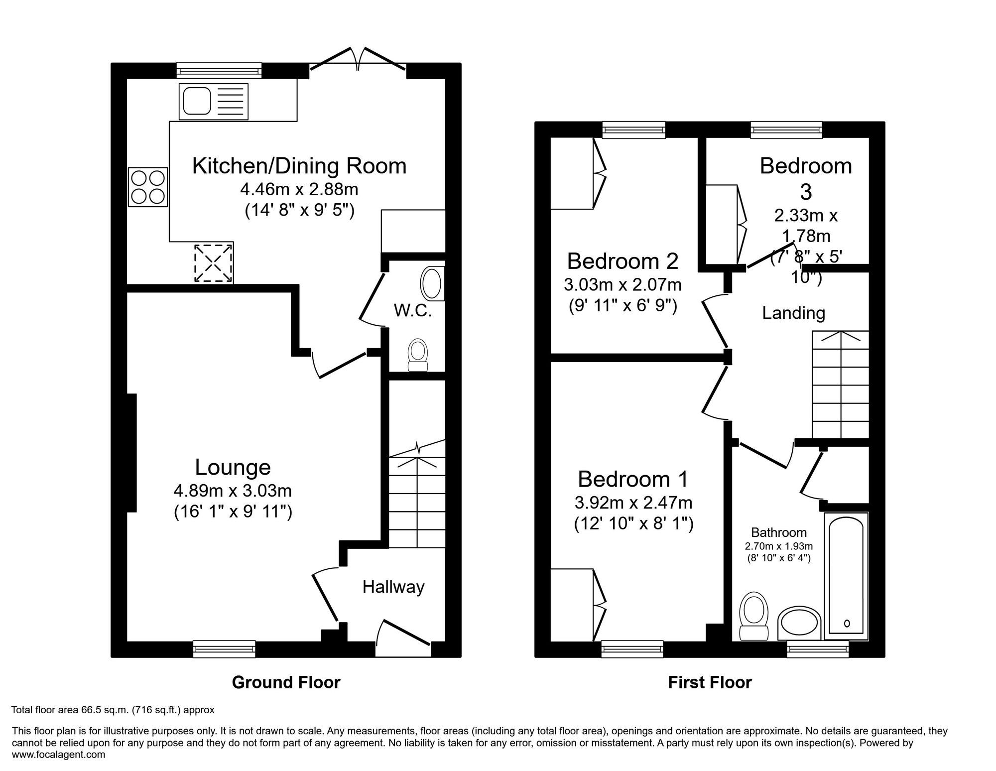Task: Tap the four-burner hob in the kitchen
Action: point(148,187)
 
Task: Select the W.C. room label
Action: point(412,311)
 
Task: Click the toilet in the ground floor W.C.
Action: point(418,355)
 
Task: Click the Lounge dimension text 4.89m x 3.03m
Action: point(233,491)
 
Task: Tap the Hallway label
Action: point(393,587)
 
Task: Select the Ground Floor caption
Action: point(286,682)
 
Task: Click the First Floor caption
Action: point(709,682)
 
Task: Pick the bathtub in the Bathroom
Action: point(846,576)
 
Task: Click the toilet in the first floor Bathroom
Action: point(754,616)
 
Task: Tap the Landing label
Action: point(793,313)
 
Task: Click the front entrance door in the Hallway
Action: point(403,635)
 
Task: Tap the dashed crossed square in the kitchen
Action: point(213,263)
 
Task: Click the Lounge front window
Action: point(224,648)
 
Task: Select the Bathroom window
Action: point(818,648)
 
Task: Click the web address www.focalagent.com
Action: point(58,754)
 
